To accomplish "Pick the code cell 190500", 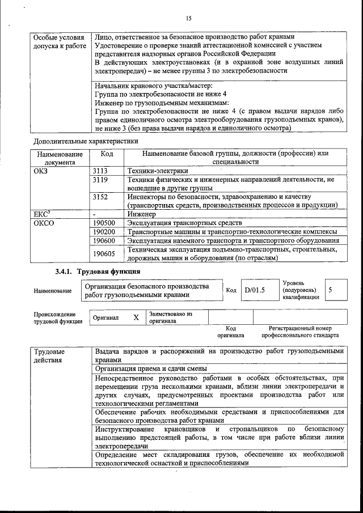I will (104, 223).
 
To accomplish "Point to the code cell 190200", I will (104, 232).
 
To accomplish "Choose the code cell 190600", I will (104, 240).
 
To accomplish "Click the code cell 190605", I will (104, 253).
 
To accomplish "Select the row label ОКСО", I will (44, 223).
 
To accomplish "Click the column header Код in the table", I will (107, 154).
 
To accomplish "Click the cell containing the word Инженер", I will (142, 215).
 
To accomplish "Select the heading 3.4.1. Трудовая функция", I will (98, 272).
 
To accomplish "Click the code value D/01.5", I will (255, 291).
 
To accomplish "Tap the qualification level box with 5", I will (330, 290).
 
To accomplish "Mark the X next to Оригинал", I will (136, 317).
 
